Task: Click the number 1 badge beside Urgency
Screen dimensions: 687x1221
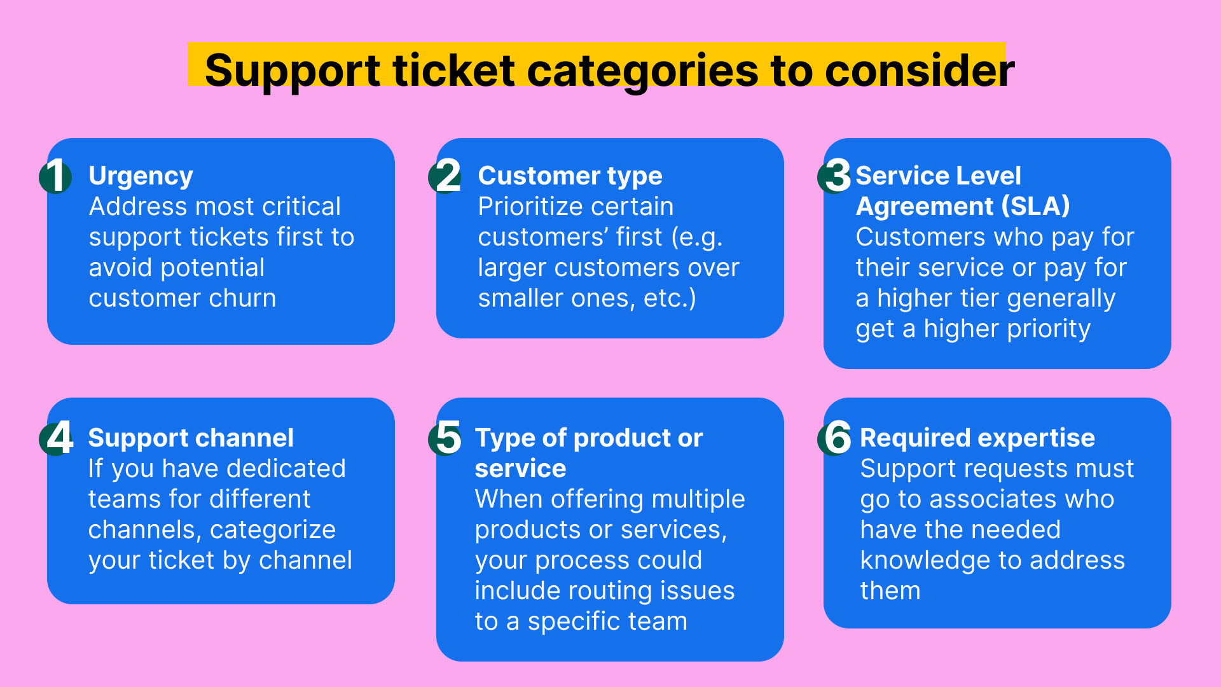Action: click(56, 176)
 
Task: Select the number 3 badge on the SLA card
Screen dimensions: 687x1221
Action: click(835, 176)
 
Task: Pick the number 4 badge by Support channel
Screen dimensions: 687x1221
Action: click(57, 438)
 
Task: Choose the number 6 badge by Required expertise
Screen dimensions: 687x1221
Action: click(836, 438)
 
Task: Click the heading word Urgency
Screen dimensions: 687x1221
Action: click(141, 176)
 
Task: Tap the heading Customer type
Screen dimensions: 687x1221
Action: click(570, 176)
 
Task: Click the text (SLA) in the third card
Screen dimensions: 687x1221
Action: click(1035, 206)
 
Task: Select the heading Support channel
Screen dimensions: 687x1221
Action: click(191, 438)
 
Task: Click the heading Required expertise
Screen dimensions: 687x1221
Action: click(977, 438)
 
